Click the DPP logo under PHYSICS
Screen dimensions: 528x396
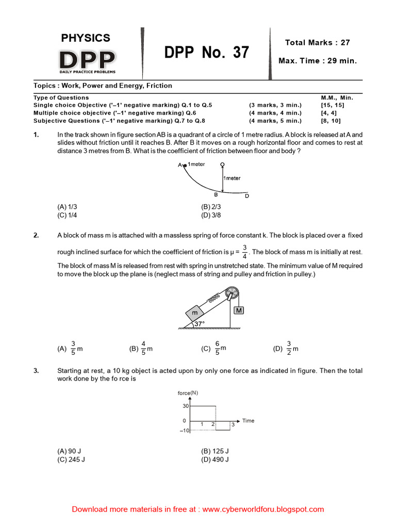(86, 60)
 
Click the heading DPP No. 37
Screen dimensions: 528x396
(206, 53)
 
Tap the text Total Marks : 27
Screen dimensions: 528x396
(317, 43)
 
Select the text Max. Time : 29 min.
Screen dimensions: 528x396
(317, 61)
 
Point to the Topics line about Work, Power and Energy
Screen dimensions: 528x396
(103, 86)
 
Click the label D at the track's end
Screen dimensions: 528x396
(246, 196)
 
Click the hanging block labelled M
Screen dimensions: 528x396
(239, 310)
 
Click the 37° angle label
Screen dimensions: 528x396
(200, 324)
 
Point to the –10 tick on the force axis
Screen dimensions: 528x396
(184, 431)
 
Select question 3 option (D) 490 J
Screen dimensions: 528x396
(214, 459)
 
